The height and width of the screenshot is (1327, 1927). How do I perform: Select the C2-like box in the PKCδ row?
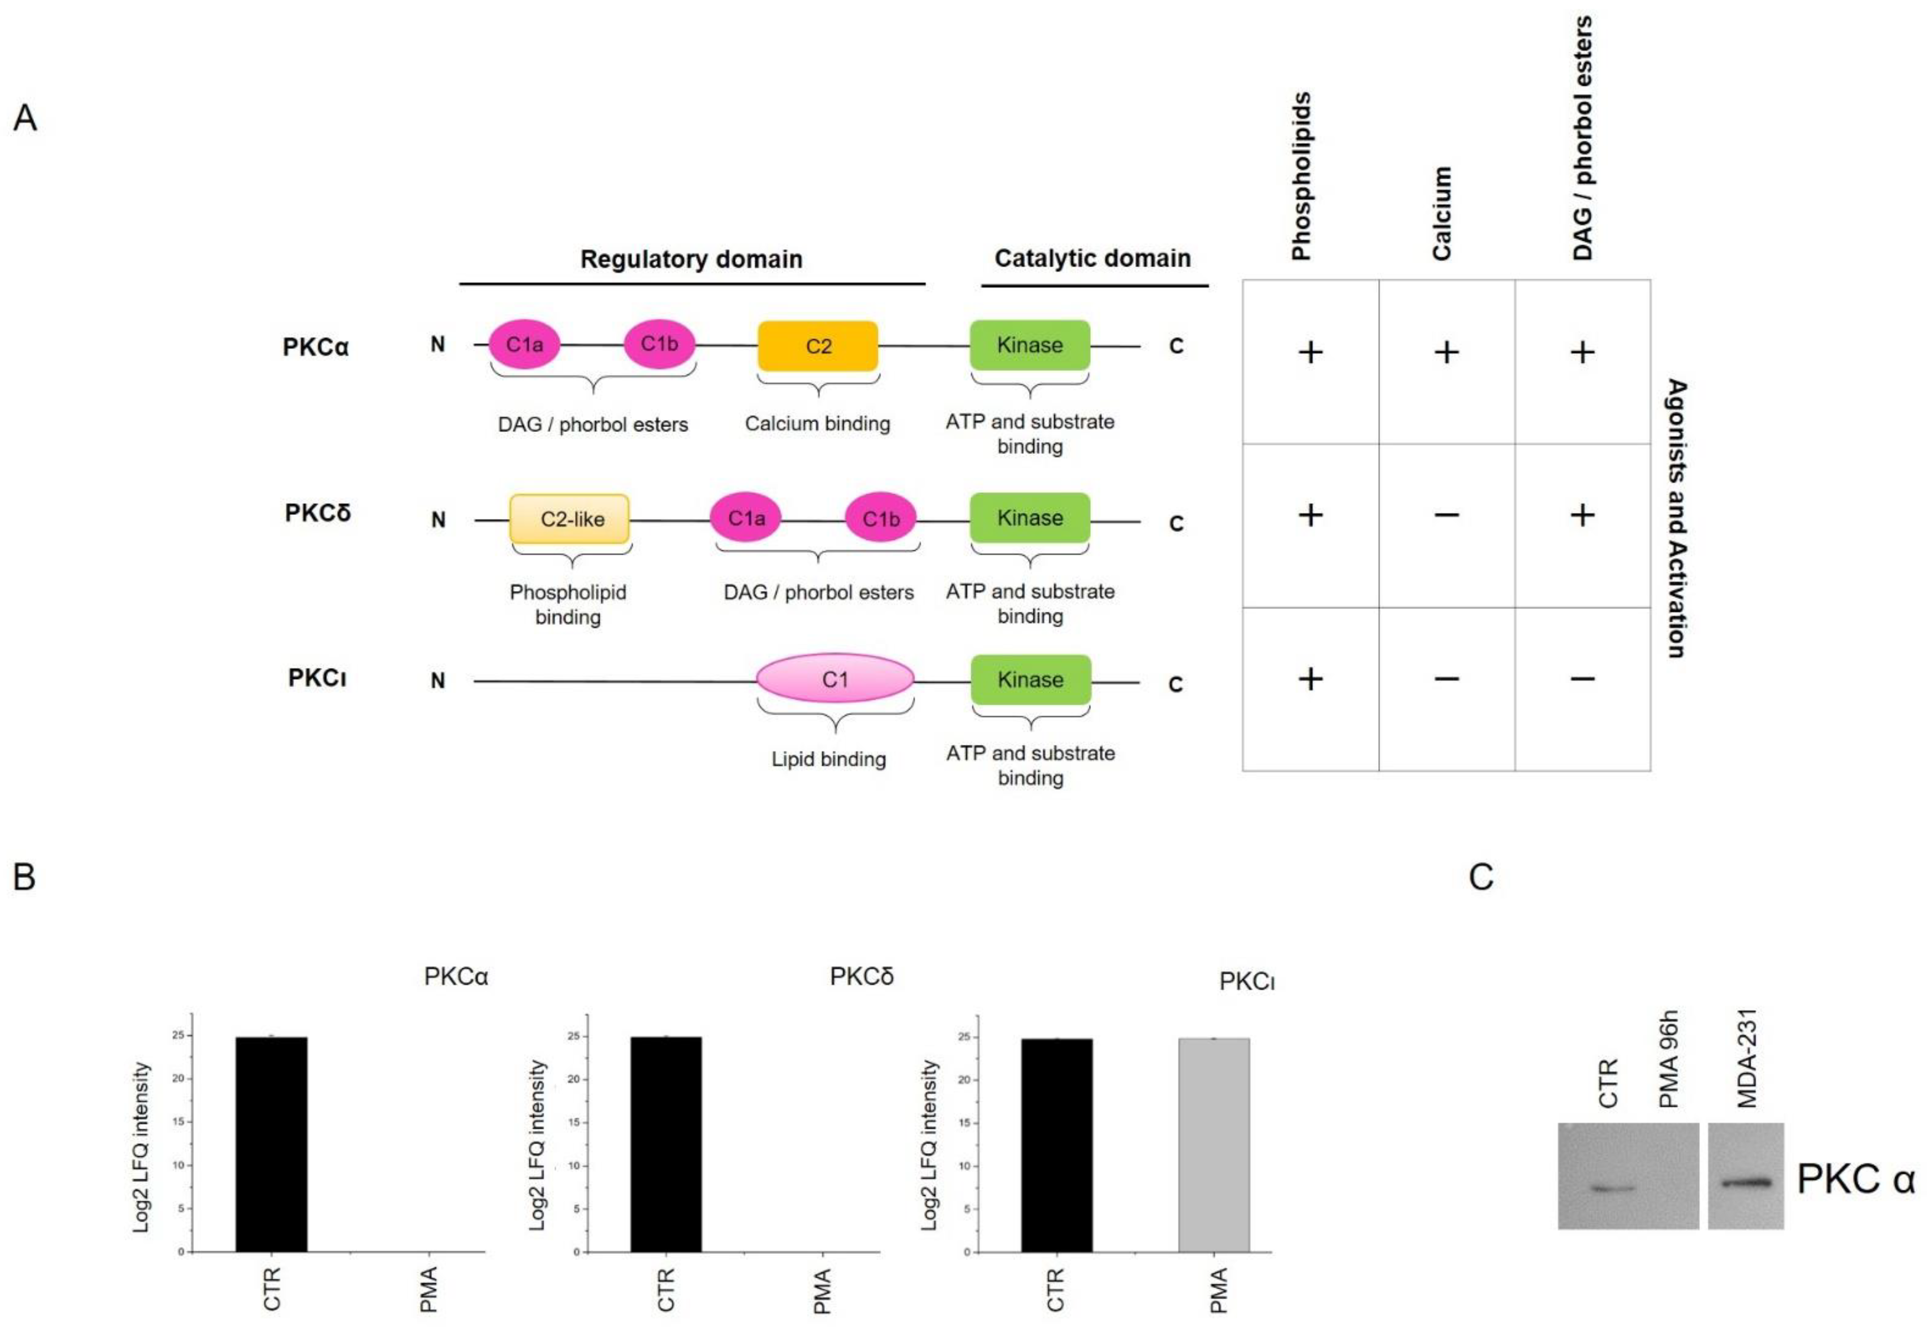click(569, 519)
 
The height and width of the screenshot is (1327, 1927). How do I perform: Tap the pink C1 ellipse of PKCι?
click(835, 679)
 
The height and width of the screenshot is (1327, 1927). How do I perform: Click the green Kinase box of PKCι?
click(1030, 679)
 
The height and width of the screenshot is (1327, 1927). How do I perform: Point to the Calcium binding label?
click(817, 424)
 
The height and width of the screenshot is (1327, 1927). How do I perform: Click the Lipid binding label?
click(828, 759)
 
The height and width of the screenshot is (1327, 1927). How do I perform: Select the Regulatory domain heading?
click(691, 259)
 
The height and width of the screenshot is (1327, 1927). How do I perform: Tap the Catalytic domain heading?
click(1092, 259)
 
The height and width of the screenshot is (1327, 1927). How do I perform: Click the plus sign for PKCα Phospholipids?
click(1310, 353)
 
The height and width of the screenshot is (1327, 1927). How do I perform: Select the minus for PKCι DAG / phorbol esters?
click(1582, 679)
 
